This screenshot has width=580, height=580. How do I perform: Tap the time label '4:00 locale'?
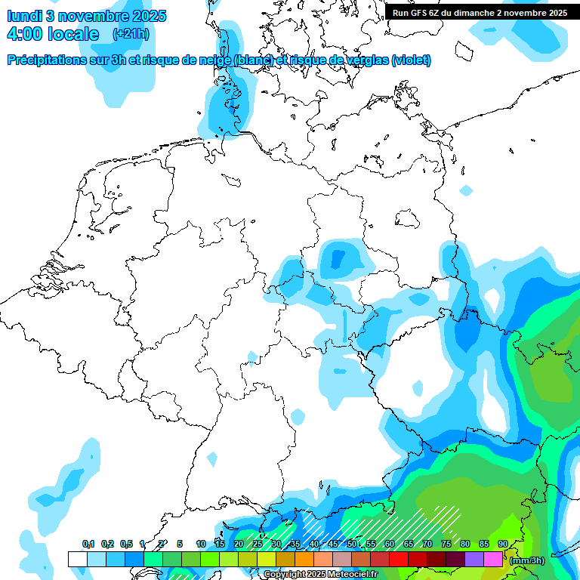(x=53, y=34)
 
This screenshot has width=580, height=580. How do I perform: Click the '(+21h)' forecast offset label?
(x=131, y=34)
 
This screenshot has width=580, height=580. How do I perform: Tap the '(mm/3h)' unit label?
(x=527, y=560)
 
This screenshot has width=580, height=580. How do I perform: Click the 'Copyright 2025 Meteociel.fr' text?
(x=320, y=575)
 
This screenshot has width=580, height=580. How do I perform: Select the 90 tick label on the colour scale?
(x=503, y=544)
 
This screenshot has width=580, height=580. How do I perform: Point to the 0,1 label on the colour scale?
(x=88, y=544)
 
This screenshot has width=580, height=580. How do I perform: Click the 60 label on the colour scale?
(x=390, y=544)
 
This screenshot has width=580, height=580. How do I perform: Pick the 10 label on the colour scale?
(x=201, y=544)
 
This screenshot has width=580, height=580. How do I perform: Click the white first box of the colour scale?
(x=77, y=560)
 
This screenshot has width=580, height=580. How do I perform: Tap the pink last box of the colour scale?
(x=492, y=560)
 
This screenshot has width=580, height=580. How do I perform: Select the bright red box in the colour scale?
(x=398, y=560)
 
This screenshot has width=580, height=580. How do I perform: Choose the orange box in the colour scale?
(x=304, y=560)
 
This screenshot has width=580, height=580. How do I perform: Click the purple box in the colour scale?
(x=474, y=560)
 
